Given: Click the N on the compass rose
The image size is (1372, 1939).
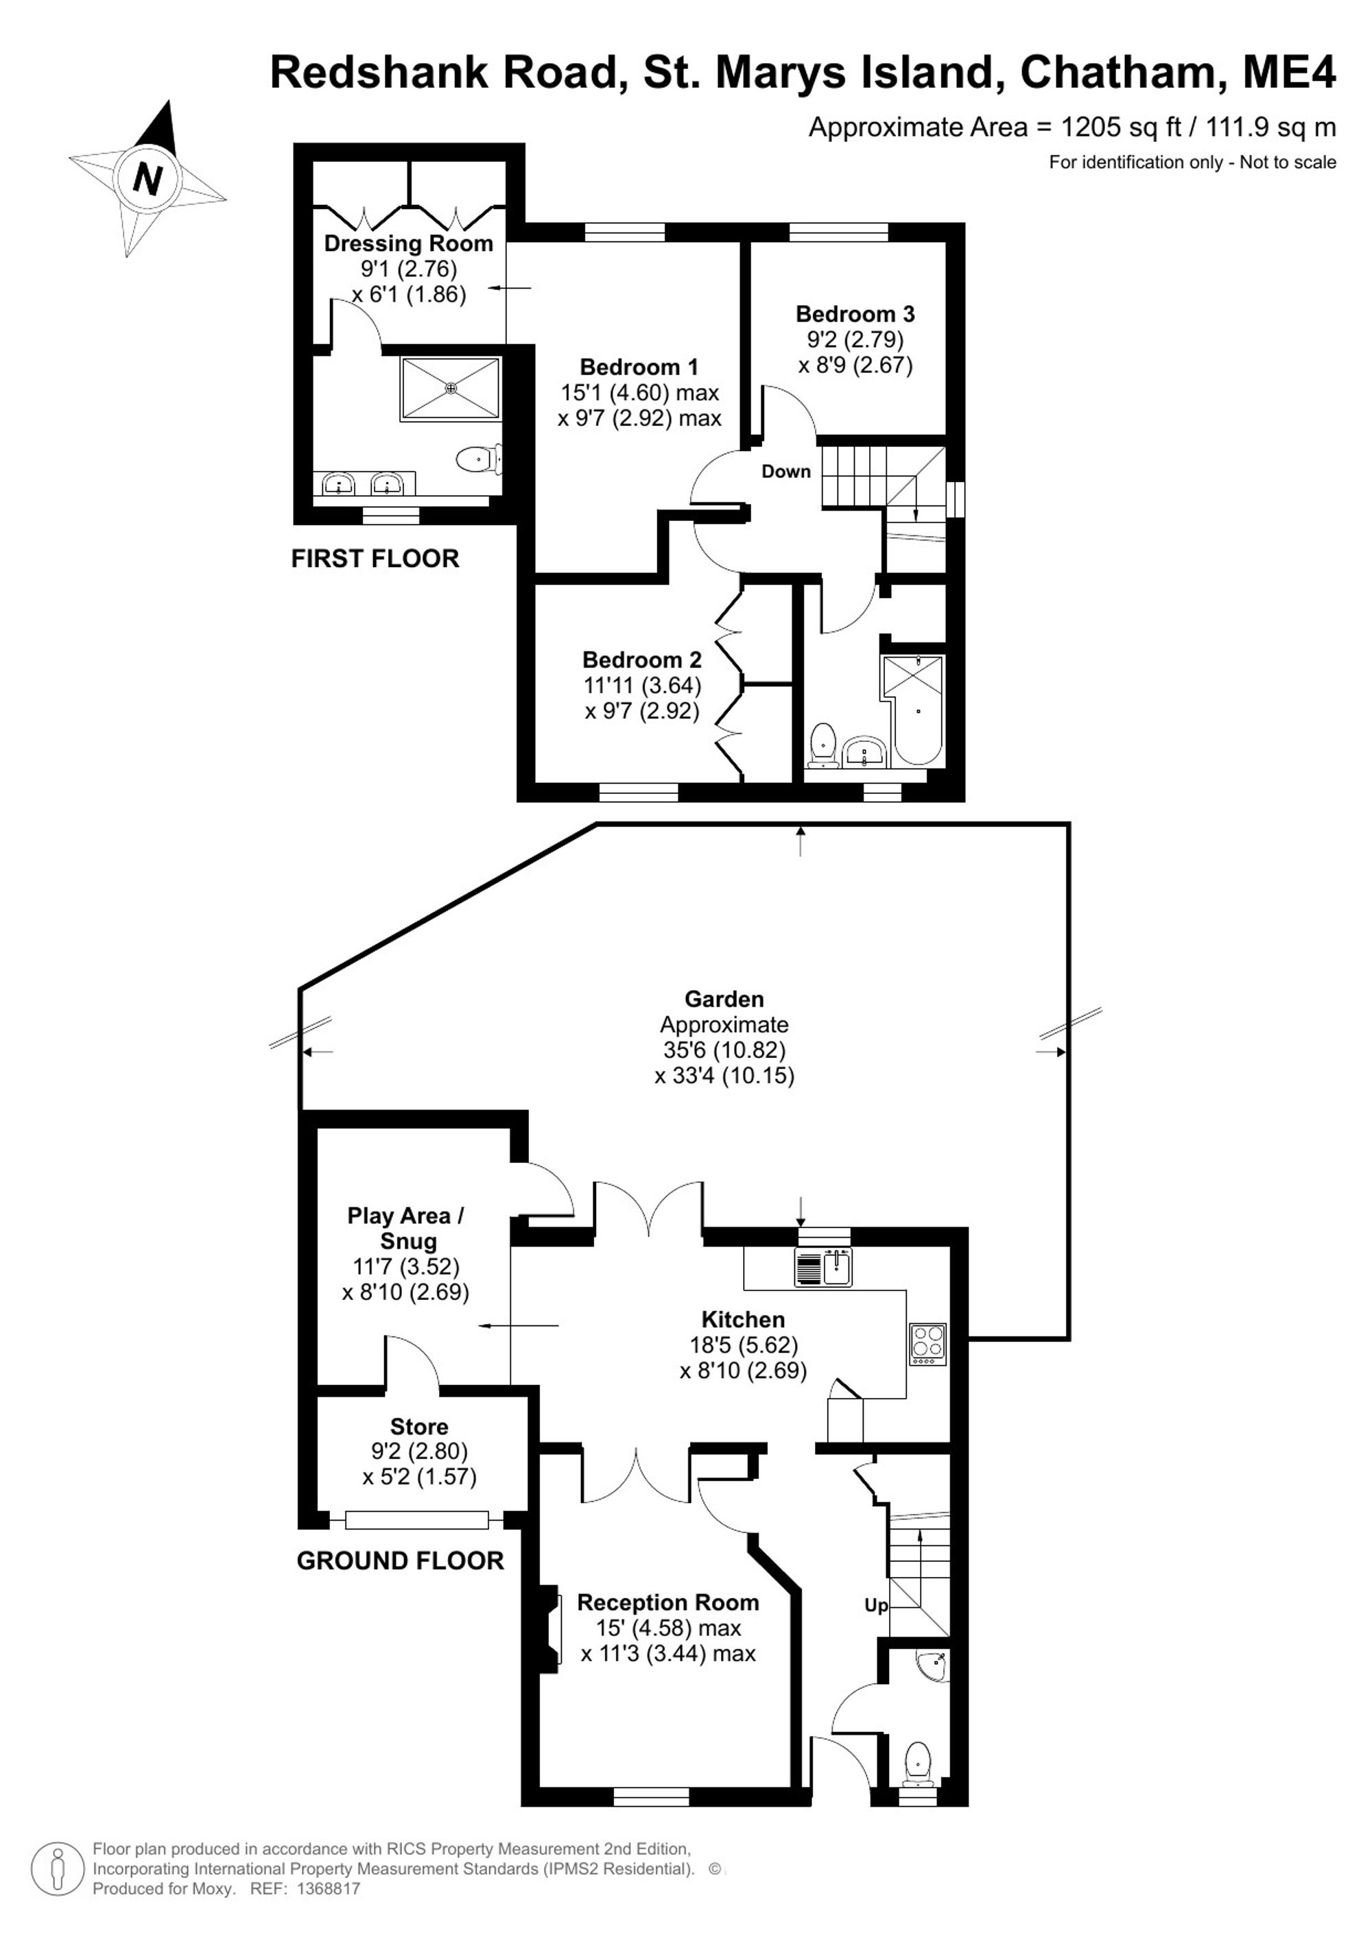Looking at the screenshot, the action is pos(148,179).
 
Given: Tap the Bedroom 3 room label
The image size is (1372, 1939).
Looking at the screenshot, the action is pos(855,314).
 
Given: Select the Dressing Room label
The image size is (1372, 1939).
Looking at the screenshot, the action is pos(409,243).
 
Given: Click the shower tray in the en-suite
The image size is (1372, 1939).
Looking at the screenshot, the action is pos(451,387).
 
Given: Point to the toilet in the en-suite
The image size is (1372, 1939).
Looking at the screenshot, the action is pos(479,460).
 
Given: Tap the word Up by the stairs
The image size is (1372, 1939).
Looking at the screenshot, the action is pos(876,1605).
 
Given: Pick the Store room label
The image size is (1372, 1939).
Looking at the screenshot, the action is pos(419,1426).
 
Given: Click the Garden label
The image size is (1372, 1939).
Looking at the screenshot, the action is pos(724,999).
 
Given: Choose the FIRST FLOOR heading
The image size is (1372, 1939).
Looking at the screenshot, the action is pos(375,558).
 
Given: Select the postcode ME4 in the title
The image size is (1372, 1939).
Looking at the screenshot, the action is pos(1289,72).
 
